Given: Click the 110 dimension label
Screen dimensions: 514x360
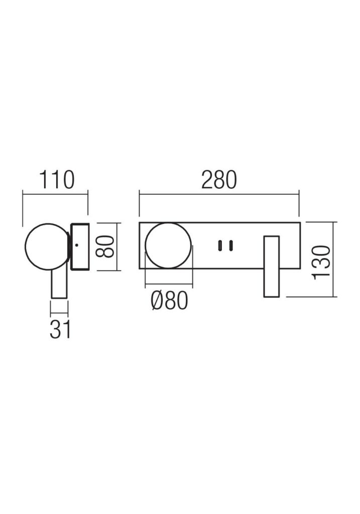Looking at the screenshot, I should pos(56,180).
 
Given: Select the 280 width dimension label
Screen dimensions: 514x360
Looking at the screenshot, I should pos(218,180).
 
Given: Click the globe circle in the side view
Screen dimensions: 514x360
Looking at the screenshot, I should pos(46,245).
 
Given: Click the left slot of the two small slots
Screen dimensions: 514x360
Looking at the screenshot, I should pos(219,245).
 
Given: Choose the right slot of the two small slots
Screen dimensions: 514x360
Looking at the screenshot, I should pos(230,245).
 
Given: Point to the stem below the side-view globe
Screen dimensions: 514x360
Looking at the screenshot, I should pos(59,284).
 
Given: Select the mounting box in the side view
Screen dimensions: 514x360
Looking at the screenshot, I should pos(80,246).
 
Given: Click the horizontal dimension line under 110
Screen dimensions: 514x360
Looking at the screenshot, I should pos(55,191).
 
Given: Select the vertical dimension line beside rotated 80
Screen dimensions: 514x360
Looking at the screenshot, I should pos(118,246).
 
